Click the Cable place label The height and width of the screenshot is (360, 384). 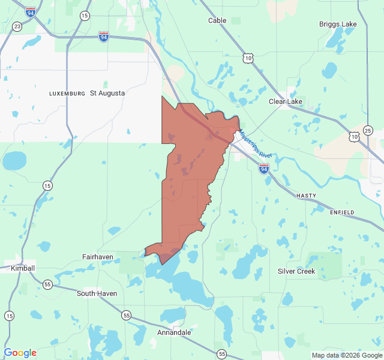coord(217,20)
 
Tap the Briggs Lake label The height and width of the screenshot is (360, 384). coord(338,24)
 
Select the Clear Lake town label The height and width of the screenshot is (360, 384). coord(286,101)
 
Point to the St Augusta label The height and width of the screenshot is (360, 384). coord(107,93)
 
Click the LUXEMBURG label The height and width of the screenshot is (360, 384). coord(67,94)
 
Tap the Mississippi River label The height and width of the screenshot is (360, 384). coord(256,144)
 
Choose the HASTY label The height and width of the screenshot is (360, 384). coord(306,196)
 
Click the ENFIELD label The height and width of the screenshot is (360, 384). coord(342,212)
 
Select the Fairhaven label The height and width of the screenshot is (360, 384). coord(98,257)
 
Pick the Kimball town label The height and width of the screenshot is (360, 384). coord(23,268)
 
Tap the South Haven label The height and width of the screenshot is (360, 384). coord(97,293)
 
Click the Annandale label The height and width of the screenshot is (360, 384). coord(174,332)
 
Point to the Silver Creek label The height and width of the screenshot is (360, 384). coord(296,271)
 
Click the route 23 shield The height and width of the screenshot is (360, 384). coord(17,26)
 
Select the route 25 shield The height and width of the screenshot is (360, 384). coord(368,130)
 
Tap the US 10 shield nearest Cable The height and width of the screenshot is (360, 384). coord(248,58)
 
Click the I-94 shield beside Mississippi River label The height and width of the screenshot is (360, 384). coord(264,169)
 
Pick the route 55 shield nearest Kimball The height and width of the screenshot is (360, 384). coord(47,284)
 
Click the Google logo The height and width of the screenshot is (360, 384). coord(20,353)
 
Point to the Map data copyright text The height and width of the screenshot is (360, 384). coord(347,355)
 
